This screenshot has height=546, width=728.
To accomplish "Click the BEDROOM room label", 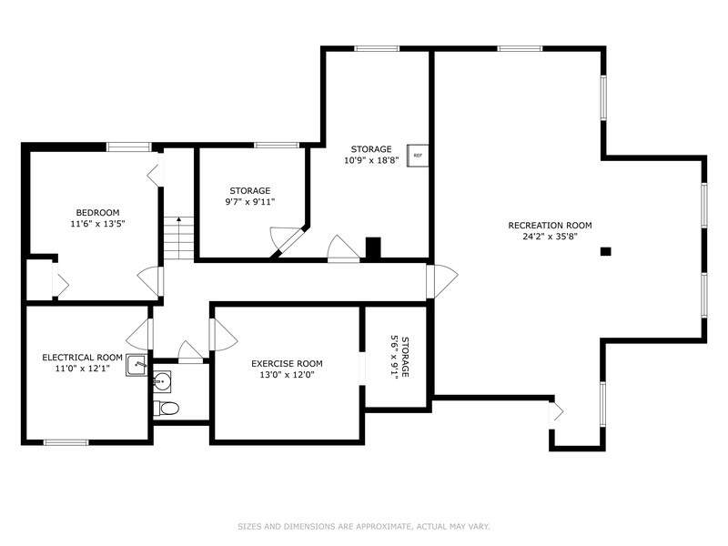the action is tap(97, 213).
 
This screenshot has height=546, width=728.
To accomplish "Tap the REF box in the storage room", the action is tap(418, 156).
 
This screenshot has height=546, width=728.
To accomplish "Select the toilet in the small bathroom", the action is tap(167, 409).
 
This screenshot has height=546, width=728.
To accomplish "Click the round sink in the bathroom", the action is tap(162, 381).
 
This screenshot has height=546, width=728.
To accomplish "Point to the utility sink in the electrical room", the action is tap(136, 365).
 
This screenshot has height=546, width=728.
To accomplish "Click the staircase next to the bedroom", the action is tap(178, 238).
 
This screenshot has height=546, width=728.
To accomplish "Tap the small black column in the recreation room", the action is tap(605, 252).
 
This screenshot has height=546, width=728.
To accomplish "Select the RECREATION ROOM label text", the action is tap(550, 226).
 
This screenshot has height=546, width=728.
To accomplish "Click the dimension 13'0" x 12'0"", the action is tap(287, 375).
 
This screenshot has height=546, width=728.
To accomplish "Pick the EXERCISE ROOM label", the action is tap(287, 363).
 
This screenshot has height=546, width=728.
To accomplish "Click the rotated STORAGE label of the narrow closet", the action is tap(405, 357).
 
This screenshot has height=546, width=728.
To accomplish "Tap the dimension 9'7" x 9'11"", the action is tap(250, 202).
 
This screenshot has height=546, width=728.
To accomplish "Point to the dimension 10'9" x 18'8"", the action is tap(371, 161).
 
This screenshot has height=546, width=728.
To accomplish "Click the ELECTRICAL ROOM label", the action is tap(82, 358).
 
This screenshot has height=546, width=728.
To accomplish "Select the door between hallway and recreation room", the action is tap(441, 281).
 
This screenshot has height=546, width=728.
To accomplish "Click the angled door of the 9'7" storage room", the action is tap(287, 241).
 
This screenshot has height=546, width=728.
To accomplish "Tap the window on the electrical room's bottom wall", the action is tap(66, 442).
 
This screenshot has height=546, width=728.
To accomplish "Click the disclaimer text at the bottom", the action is tap(364, 527).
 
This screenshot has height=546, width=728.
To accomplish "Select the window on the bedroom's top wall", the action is tap(129, 147).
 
